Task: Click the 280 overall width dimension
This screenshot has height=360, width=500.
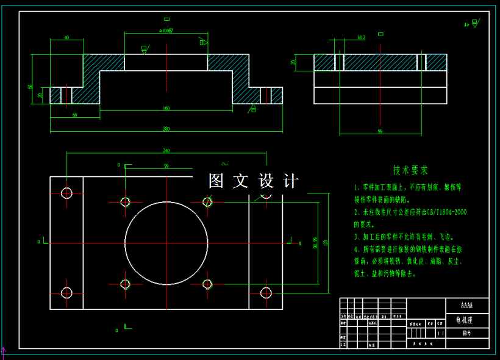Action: (166, 129)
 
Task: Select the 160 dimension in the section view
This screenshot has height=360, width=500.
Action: (166, 109)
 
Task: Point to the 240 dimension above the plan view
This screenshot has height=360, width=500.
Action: (166, 151)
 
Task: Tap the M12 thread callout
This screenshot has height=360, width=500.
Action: (362, 38)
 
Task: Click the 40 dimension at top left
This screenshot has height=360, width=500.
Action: (66, 38)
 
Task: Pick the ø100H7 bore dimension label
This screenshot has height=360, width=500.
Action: (166, 30)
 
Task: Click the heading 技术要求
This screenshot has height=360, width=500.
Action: (410, 170)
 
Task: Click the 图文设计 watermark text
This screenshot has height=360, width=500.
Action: (253, 181)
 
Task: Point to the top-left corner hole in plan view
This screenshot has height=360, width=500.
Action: (66, 193)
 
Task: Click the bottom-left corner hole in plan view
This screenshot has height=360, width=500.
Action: (66, 293)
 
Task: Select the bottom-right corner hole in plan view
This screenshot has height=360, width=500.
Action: (266, 293)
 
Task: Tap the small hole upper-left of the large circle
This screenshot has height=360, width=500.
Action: (126, 202)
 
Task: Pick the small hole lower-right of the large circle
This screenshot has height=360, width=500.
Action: (207, 284)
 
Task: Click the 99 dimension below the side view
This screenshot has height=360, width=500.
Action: (379, 131)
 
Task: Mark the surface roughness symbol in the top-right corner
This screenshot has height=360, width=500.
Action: (473, 24)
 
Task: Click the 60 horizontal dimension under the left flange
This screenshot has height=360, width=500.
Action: (74, 115)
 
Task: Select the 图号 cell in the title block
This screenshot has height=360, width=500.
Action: (466, 333)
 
